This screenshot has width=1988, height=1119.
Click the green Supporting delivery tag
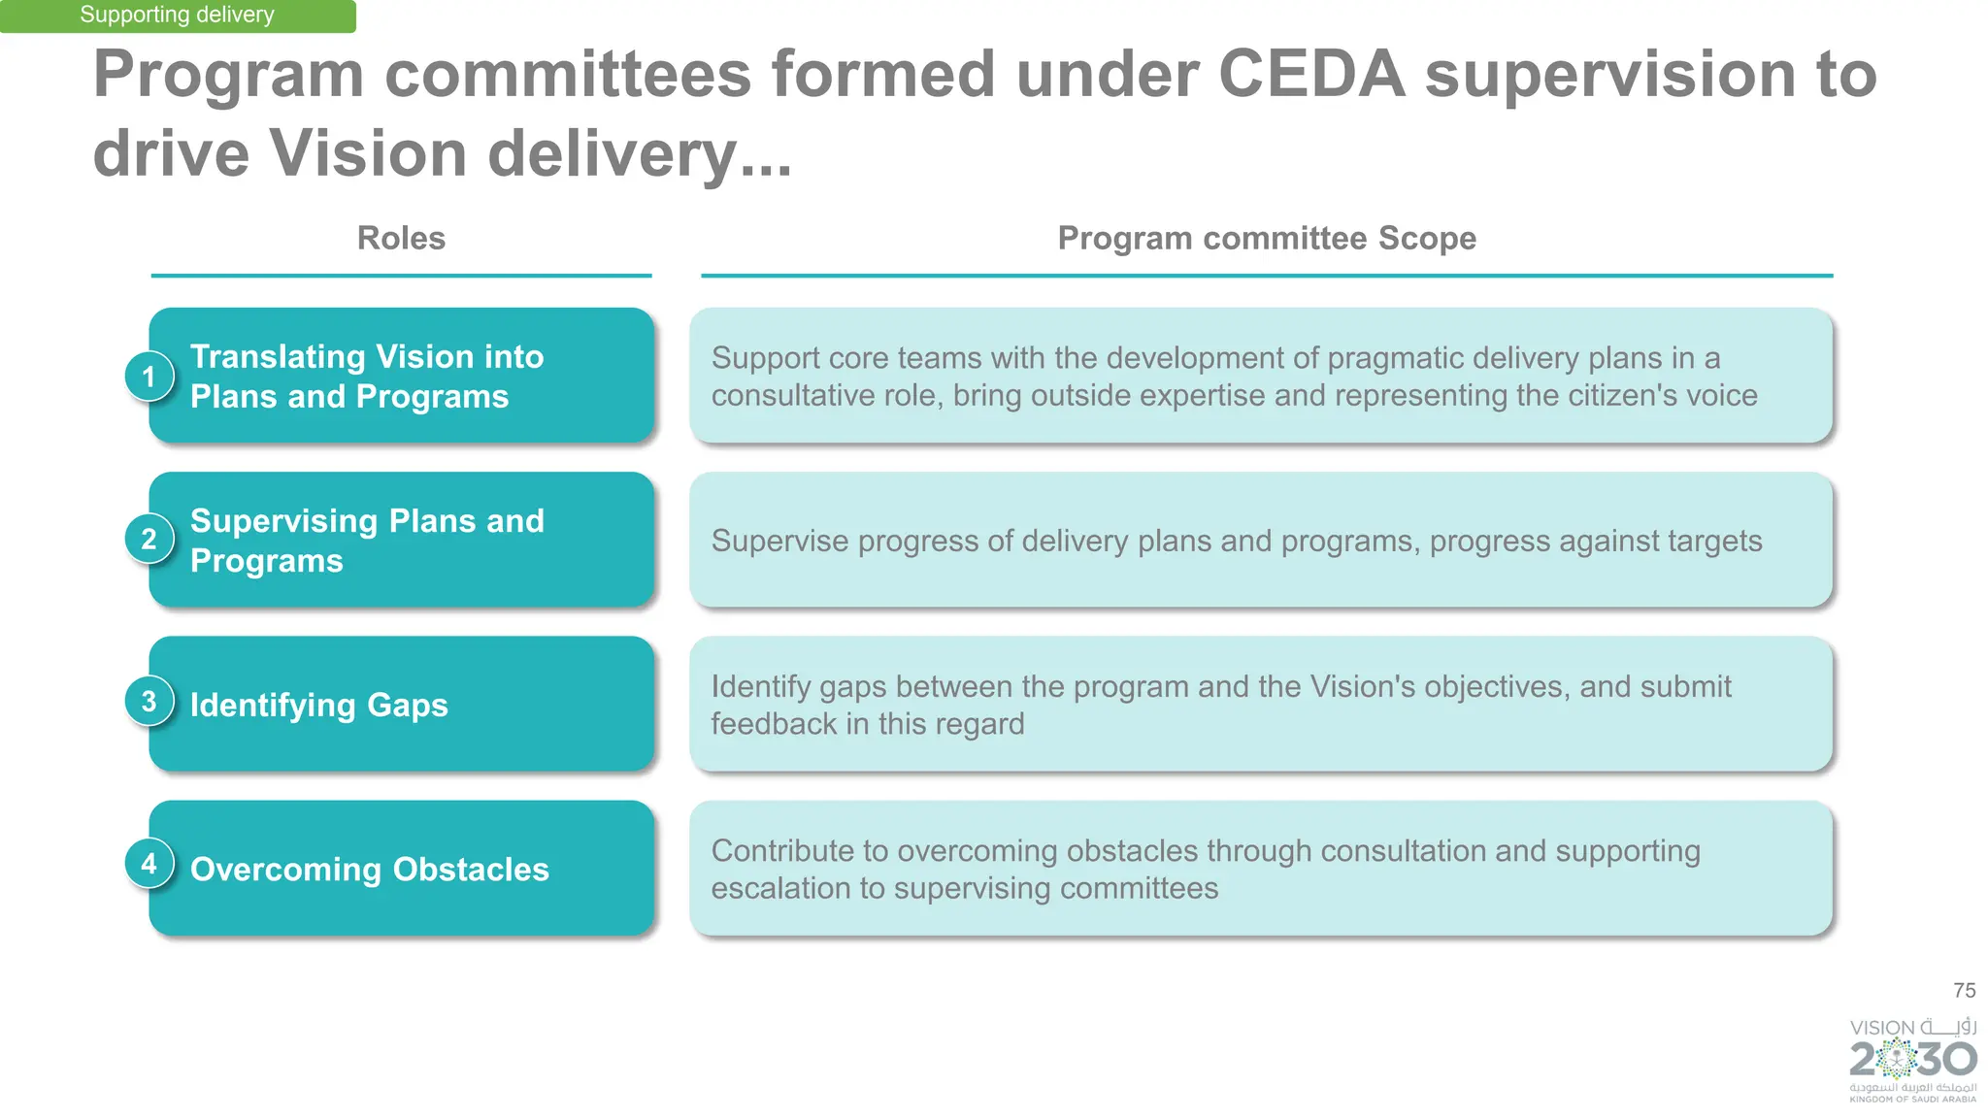click(177, 16)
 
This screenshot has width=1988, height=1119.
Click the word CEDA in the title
click(1310, 74)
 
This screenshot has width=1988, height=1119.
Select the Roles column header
click(401, 238)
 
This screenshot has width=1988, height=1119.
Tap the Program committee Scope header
click(1266, 238)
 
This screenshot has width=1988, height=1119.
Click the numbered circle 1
click(149, 377)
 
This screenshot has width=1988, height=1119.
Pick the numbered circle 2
click(149, 540)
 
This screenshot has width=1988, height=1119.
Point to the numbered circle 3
click(149, 702)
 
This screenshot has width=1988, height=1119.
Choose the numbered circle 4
click(149, 864)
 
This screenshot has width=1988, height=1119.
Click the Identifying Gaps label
click(318, 705)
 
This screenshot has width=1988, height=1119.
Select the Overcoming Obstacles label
click(369, 869)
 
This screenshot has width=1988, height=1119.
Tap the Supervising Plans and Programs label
click(366, 541)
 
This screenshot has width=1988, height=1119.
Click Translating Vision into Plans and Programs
click(366, 377)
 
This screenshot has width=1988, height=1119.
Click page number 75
click(1964, 990)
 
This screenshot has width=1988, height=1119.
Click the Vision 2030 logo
click(1912, 1059)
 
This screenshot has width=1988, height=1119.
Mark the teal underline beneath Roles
click(401, 276)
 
